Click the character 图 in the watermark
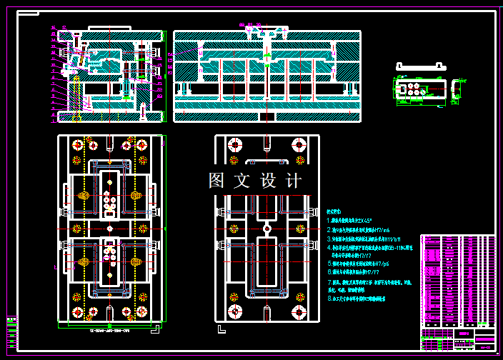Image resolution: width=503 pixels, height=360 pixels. point(217,181)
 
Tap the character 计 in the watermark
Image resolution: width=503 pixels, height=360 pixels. point(294,181)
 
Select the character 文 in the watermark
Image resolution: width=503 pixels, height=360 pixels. point(242,181)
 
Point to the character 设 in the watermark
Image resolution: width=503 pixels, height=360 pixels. point(268,181)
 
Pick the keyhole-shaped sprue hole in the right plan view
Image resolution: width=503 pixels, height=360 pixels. point(267,230)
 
